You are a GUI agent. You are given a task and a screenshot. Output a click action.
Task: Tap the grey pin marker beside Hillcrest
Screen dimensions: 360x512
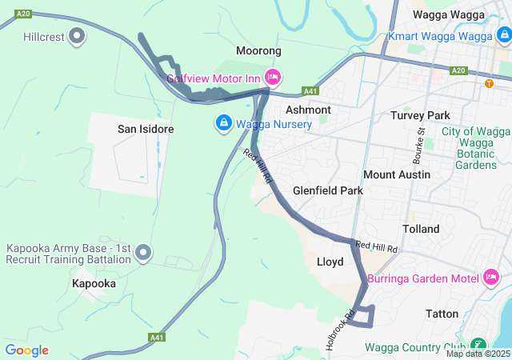(x=78, y=35)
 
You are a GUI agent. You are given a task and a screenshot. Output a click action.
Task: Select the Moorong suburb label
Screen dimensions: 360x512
(x=258, y=51)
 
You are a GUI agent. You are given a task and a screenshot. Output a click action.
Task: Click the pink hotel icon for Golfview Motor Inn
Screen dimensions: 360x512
(x=272, y=77)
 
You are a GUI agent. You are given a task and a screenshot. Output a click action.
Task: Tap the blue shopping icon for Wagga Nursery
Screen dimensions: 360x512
(x=223, y=123)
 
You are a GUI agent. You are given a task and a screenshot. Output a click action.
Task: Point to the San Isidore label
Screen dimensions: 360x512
(x=146, y=129)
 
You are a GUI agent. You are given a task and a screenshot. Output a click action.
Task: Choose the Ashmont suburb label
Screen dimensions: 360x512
(x=308, y=110)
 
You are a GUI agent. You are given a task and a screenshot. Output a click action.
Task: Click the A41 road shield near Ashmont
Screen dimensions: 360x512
(x=310, y=91)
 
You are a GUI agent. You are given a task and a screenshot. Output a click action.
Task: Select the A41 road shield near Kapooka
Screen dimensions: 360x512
(x=158, y=338)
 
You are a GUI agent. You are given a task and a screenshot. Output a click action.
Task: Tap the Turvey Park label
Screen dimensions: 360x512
(x=421, y=115)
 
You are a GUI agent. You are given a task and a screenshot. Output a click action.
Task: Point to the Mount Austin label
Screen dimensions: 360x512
(x=397, y=174)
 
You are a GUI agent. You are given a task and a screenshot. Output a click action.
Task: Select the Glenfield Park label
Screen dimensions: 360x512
(x=328, y=191)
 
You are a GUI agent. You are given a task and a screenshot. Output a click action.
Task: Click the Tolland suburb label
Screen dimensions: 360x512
(x=421, y=229)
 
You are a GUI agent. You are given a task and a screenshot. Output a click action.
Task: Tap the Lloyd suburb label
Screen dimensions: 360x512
(x=330, y=262)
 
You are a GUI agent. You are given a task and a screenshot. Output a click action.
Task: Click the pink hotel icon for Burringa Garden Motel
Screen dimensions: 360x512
(x=491, y=278)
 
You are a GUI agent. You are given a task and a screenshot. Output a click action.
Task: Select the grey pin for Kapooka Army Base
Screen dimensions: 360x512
(x=144, y=253)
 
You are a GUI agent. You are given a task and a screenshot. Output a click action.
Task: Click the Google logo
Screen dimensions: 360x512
(x=26, y=350)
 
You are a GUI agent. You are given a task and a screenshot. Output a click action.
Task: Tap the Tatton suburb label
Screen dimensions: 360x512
(x=446, y=314)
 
